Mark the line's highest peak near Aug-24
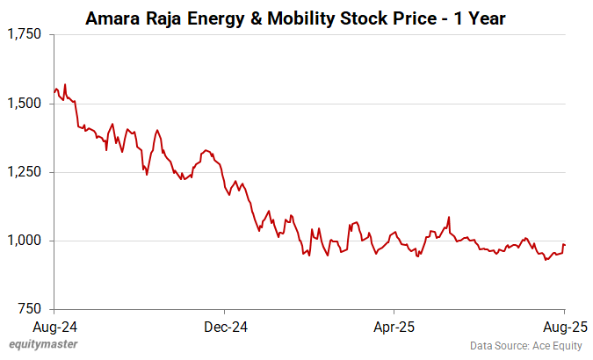coord(65,84)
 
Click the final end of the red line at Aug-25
coord(564,245)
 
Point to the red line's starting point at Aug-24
coord(54,91)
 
